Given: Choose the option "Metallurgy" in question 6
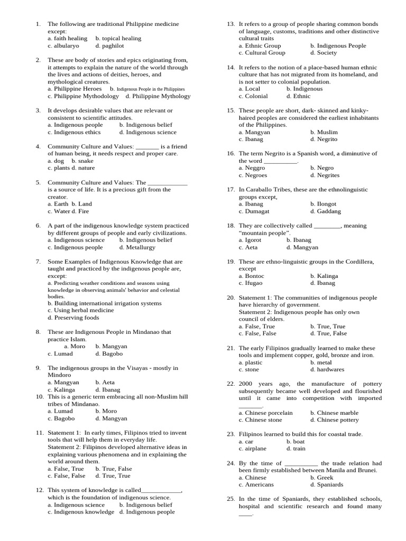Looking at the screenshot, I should click(x=140, y=247).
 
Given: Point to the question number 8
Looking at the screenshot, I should click(x=38, y=332).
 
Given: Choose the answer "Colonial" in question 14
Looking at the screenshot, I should click(x=256, y=96).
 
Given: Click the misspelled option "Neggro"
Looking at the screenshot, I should click(x=255, y=168).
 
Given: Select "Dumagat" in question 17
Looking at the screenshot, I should click(x=259, y=211).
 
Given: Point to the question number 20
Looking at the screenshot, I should click(x=230, y=297).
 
